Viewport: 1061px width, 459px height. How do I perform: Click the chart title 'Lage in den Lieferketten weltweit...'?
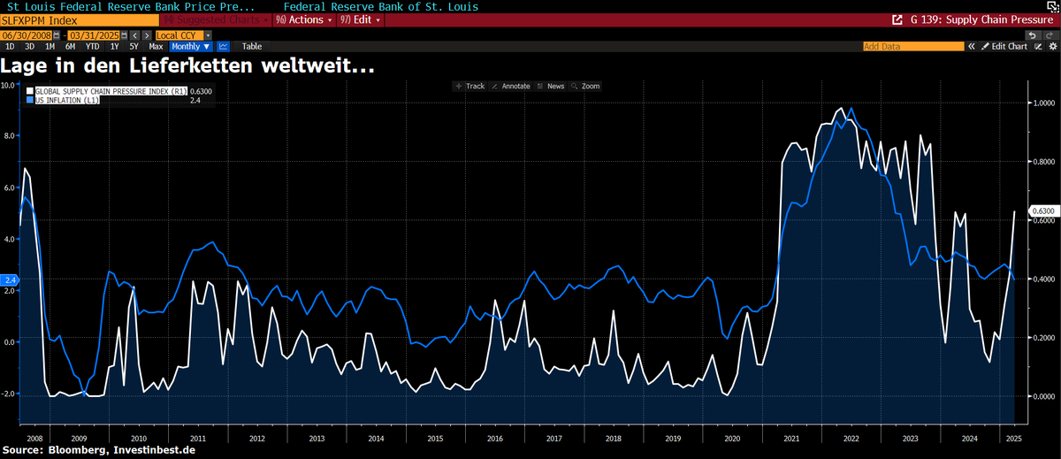click(x=187, y=65)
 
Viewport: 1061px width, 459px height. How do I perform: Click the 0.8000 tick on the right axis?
click(x=1044, y=162)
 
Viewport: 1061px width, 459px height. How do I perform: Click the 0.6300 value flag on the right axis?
click(x=1043, y=211)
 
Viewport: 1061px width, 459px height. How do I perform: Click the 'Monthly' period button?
click(x=189, y=46)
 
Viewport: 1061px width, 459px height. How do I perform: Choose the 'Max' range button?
click(x=156, y=46)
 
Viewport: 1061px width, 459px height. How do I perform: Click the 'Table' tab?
click(x=252, y=46)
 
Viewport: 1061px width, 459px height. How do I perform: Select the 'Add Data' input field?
click(x=911, y=46)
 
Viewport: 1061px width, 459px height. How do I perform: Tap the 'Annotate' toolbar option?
click(x=511, y=86)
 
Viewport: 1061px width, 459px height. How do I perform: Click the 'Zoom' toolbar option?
click(x=586, y=86)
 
